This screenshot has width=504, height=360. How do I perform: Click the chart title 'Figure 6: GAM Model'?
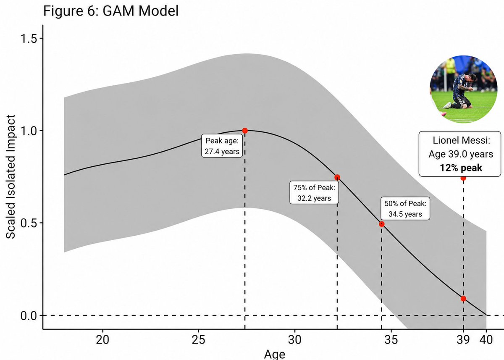click(111, 11)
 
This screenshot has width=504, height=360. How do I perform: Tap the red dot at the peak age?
click(245, 131)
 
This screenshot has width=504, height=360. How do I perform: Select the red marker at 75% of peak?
click(337, 177)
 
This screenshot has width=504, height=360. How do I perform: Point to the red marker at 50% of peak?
click(381, 224)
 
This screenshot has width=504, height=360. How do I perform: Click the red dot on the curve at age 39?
click(463, 299)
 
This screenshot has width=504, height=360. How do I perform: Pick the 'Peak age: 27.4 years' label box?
click(222, 146)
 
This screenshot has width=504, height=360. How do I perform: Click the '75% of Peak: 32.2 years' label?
click(314, 192)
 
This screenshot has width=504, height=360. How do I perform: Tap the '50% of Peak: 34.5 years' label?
click(405, 209)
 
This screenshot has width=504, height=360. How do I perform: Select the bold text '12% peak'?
click(461, 168)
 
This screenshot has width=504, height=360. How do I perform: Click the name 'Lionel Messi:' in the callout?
click(461, 140)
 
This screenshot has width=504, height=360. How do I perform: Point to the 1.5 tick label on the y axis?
click(29, 39)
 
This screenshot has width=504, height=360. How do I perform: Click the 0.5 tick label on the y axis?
click(29, 223)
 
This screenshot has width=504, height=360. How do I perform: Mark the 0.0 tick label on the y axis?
click(29, 315)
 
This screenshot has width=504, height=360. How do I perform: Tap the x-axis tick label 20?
click(102, 339)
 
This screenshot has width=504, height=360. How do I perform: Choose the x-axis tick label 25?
click(198, 339)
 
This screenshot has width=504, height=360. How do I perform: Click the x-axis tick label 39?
click(463, 339)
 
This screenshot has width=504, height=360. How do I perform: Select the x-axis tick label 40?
click(486, 339)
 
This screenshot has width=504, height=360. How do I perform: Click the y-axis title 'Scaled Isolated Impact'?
click(10, 177)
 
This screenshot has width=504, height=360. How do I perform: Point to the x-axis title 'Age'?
click(275, 355)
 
